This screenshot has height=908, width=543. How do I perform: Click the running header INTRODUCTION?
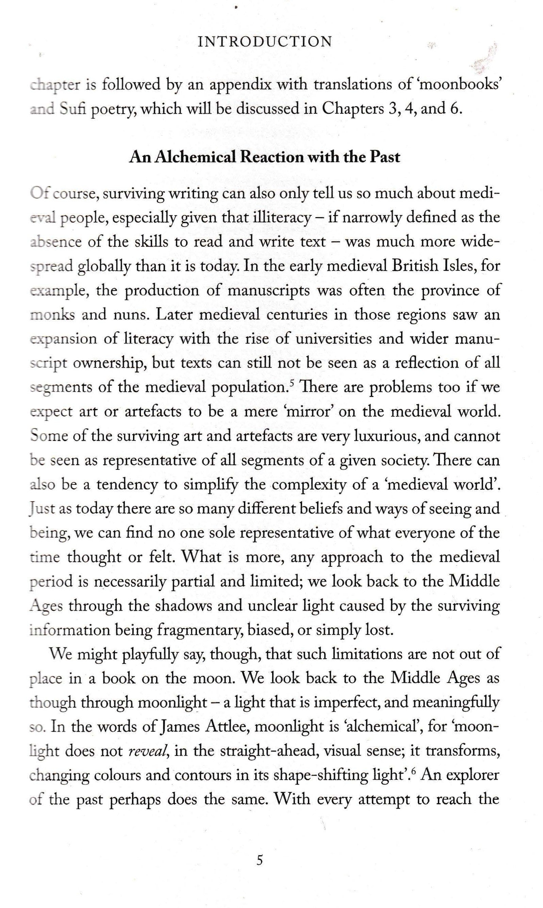click(x=265, y=42)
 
